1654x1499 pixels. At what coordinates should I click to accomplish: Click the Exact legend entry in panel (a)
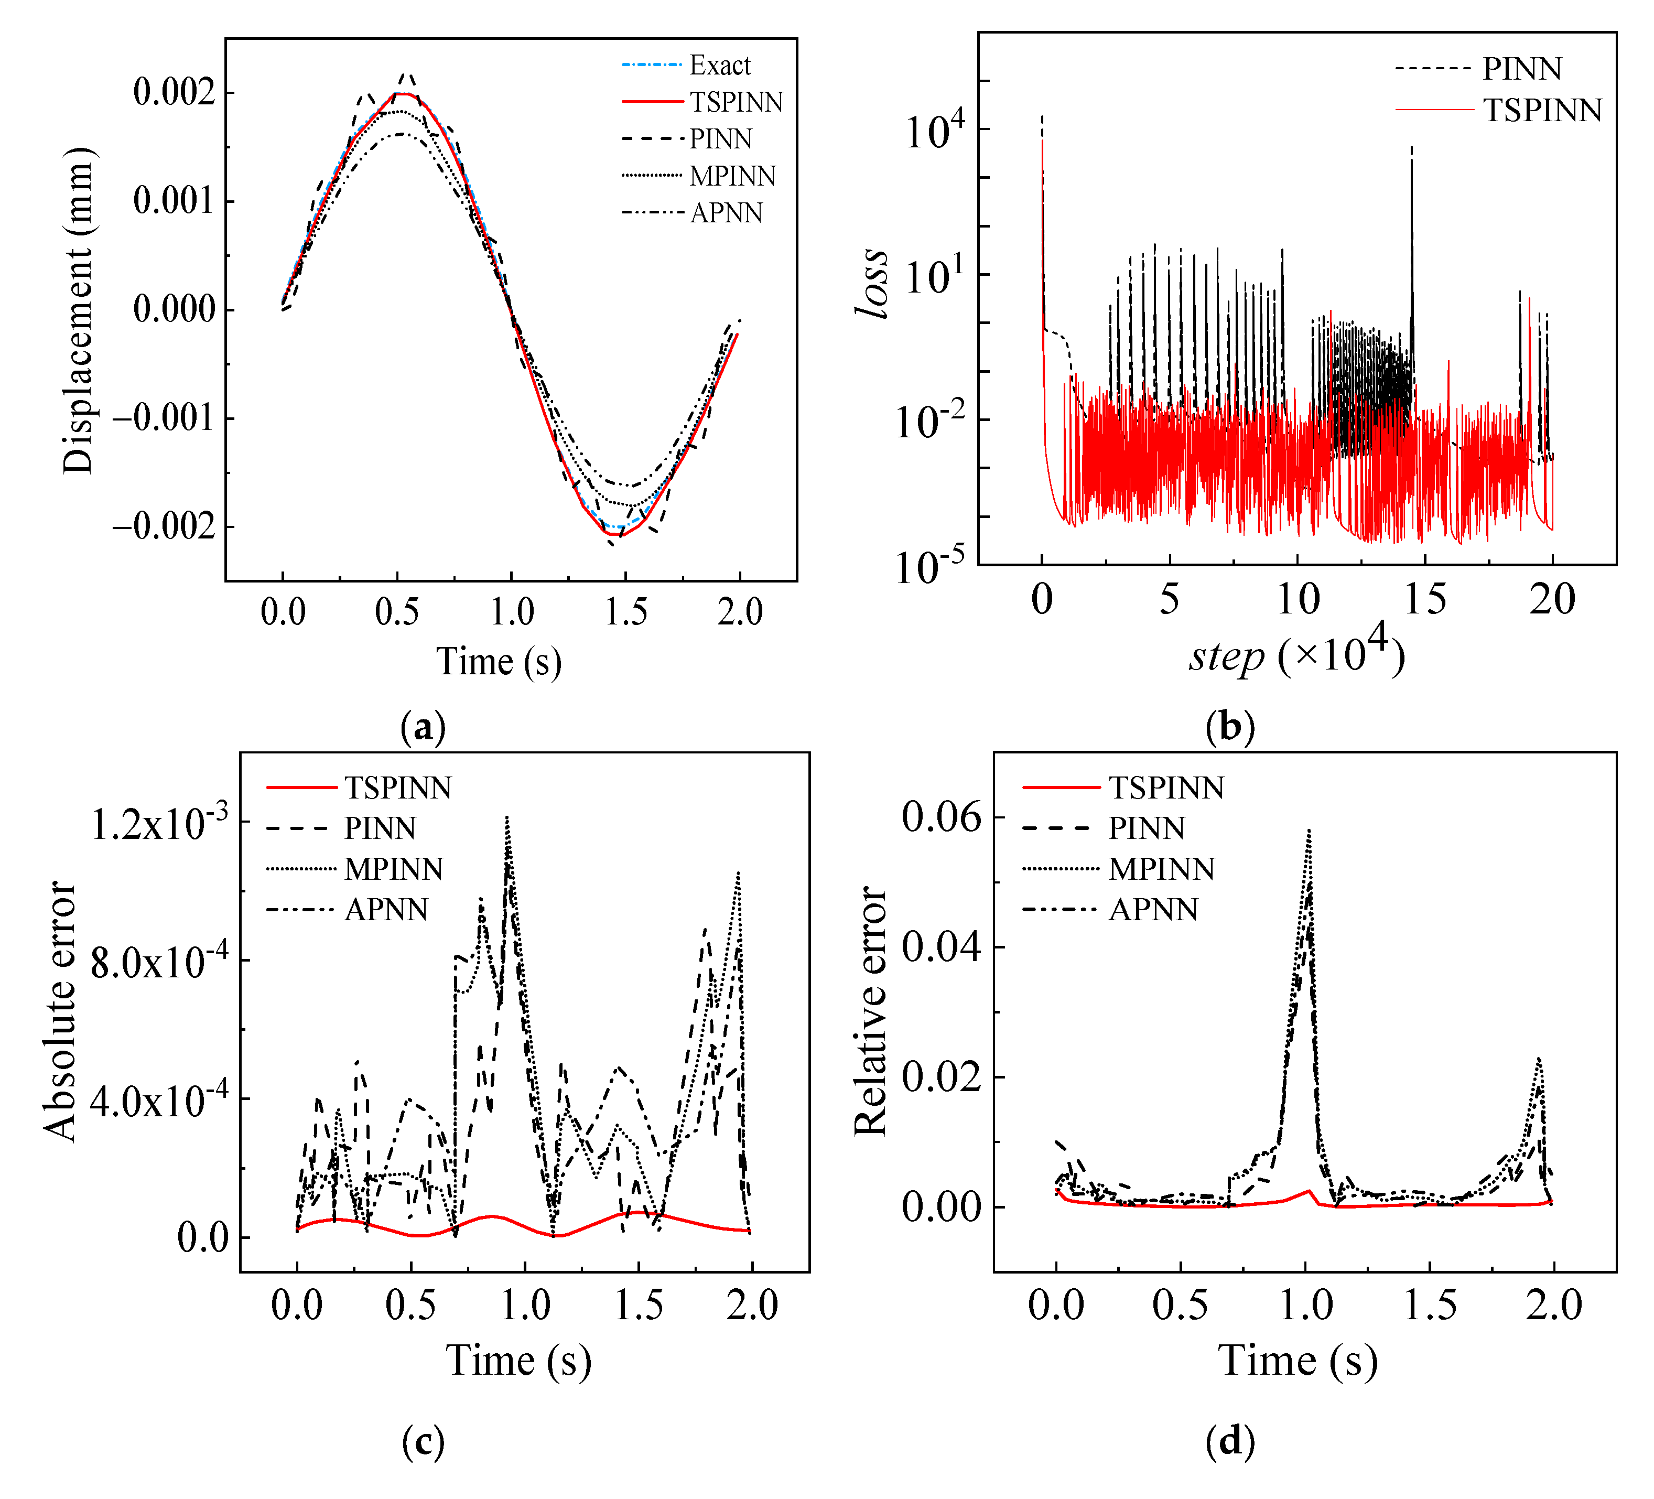click(719, 66)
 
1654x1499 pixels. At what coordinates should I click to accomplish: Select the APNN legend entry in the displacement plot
click(726, 213)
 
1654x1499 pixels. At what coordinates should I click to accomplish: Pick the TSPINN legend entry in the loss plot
click(1542, 111)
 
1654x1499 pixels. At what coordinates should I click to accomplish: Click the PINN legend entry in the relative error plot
click(1146, 829)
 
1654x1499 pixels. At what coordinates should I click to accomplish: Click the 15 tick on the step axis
click(1425, 600)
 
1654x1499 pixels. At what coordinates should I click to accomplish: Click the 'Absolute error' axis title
click(59, 1011)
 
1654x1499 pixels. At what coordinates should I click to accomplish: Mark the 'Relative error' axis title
click(870, 1011)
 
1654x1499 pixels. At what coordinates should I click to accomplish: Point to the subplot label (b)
click(1230, 727)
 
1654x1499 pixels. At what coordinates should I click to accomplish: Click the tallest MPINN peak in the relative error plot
click(1310, 831)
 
